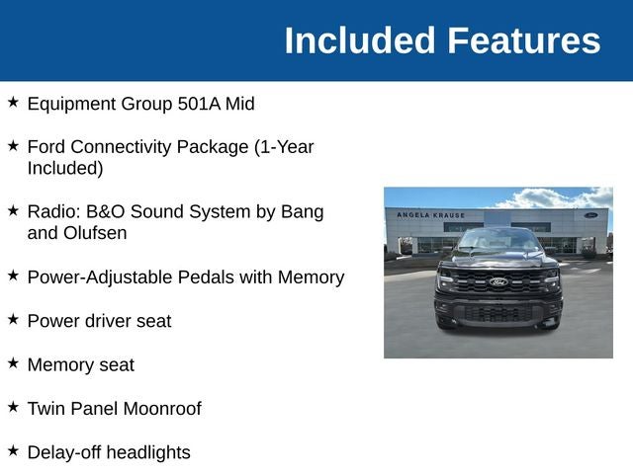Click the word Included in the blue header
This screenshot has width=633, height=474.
pos(360,40)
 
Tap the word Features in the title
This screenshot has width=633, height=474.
pos(524,40)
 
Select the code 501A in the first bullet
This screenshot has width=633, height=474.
pos(199,104)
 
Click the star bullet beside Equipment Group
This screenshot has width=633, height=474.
pos(13,102)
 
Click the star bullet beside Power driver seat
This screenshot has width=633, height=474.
pos(13,319)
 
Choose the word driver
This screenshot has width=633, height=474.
pos(108,321)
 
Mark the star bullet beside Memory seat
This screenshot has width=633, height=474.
pos(13,363)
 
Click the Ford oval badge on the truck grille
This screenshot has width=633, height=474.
pos(498,281)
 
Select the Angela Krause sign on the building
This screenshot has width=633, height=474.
pos(431,215)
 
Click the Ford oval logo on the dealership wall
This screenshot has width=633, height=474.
pos(590,215)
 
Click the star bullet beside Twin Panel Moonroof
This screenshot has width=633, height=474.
pos(13,407)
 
